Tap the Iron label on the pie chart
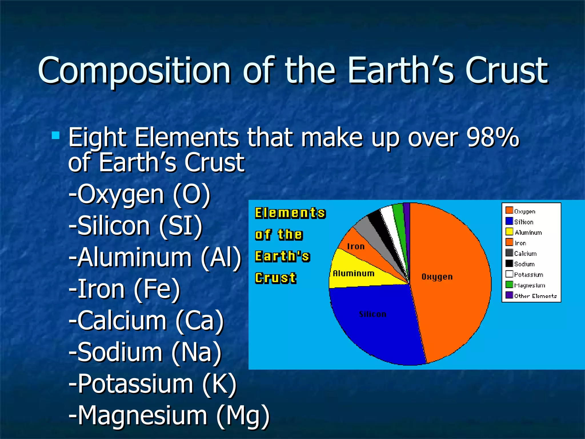(356, 246)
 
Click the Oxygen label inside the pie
(437, 277)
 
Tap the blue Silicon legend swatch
(509, 221)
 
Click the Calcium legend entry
(525, 254)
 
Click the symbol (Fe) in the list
(157, 289)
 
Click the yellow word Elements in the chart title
(290, 213)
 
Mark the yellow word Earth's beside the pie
(282, 256)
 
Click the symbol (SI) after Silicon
(181, 226)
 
